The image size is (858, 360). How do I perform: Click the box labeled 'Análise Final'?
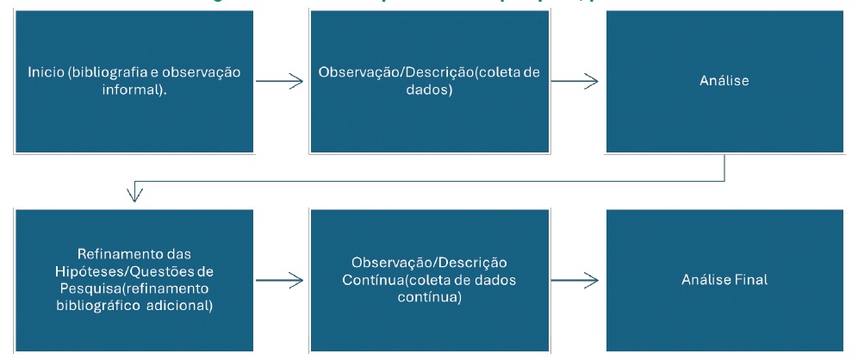point(724,279)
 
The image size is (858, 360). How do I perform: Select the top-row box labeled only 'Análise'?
point(724,82)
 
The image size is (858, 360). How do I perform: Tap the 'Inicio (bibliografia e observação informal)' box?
point(134,82)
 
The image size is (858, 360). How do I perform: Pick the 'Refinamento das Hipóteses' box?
point(134,279)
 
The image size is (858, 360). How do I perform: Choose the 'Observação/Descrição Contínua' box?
point(429,279)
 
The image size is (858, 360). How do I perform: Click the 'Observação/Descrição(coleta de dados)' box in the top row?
point(429,82)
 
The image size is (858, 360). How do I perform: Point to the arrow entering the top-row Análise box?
point(575,82)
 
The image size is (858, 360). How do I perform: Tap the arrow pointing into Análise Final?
point(575,279)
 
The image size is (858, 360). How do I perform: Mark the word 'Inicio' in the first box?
point(44,72)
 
